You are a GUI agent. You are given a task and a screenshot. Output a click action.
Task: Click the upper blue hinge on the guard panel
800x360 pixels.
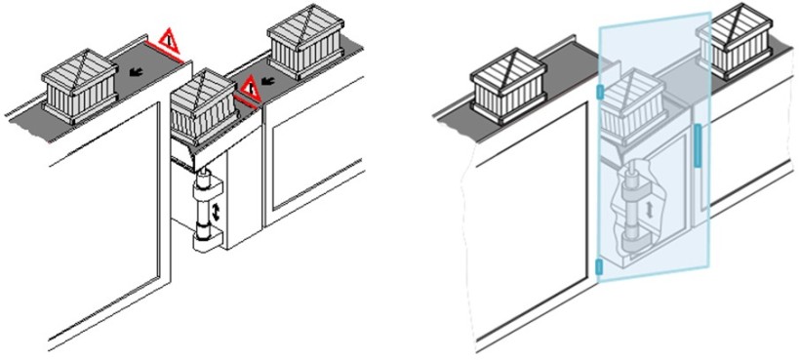[599, 93]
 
